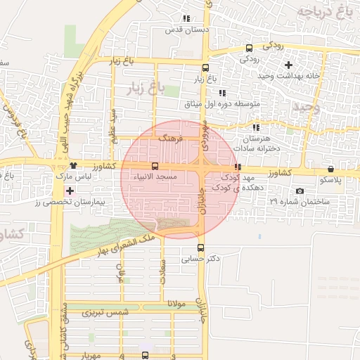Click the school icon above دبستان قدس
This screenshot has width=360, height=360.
tap(186, 19)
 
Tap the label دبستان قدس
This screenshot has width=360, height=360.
tap(179, 30)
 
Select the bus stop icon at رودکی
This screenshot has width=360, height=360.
tap(249, 49)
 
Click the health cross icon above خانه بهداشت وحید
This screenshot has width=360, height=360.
tap(288, 65)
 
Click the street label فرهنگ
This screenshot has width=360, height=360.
tap(170, 139)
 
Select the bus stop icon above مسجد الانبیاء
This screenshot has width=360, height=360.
tap(155, 166)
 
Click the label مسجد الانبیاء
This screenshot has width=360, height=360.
tap(155, 176)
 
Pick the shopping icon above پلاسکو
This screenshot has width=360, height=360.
tap(330, 169)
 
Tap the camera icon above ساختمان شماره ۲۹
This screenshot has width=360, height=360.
tap(300, 191)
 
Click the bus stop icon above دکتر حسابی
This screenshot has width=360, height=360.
tap(201, 247)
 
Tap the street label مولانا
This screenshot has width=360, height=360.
tap(172, 303)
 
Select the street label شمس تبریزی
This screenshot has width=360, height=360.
tap(105, 311)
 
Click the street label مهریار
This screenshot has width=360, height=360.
tap(91, 355)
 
